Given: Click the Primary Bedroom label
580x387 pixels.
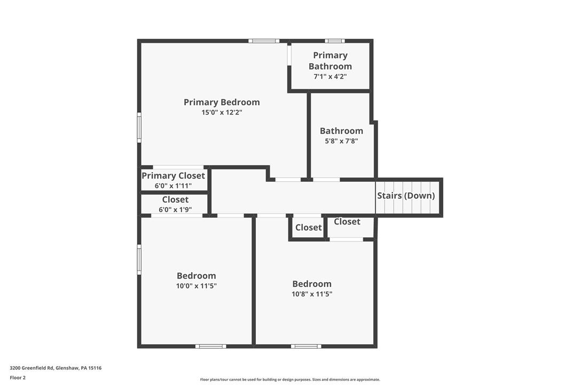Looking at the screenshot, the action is click(x=222, y=102).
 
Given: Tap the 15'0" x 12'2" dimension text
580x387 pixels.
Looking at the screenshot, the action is click(x=222, y=112).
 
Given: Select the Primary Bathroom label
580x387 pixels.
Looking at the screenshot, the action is click(x=330, y=61).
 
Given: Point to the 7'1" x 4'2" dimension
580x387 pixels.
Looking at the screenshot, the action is click(x=330, y=76).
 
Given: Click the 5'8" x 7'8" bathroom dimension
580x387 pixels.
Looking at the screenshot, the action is click(x=341, y=141).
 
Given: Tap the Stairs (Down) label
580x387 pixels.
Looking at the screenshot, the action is click(x=406, y=196).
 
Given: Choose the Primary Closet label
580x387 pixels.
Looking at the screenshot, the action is click(x=173, y=175).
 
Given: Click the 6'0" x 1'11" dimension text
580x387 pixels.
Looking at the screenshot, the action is click(x=173, y=185).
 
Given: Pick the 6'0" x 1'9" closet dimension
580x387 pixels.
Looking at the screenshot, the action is click(x=175, y=209).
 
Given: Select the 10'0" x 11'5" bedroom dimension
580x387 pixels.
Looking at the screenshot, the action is click(x=197, y=285).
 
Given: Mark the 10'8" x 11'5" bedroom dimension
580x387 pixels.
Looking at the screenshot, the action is click(x=312, y=293).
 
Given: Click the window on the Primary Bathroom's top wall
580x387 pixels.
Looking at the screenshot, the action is click(x=335, y=41).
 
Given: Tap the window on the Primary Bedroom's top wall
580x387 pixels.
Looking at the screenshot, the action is click(x=264, y=41).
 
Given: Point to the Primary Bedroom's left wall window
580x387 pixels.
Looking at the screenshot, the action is click(x=139, y=127).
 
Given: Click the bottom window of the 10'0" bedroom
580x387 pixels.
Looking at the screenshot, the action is click(x=211, y=346).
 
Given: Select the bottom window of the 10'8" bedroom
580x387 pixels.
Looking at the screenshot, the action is click(x=306, y=346).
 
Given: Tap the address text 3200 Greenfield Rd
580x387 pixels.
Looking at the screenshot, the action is click(x=32, y=368).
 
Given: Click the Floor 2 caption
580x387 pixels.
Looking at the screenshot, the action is click(x=18, y=378).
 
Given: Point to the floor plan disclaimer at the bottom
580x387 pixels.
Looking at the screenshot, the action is click(x=290, y=379).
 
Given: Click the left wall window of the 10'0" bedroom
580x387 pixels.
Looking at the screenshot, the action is click(x=139, y=259).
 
